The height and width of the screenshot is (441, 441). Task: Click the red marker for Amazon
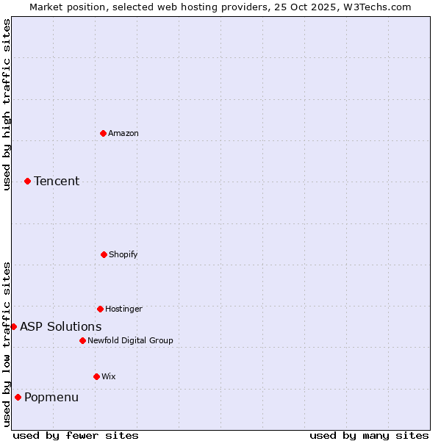pos(103,133)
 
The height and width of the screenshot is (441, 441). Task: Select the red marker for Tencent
pos(27,181)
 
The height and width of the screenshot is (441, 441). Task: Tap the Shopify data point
pos(104,254)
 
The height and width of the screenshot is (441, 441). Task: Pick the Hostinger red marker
pos(100,309)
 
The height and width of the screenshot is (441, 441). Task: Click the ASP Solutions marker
pos(13,326)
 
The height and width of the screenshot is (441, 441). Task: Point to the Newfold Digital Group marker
pos(82,340)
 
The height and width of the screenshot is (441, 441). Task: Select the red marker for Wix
pos(96,376)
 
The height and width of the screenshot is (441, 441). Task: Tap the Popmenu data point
pos(18,397)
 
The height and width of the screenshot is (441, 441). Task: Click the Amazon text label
pos(123,133)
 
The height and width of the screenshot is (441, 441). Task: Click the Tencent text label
pos(57,181)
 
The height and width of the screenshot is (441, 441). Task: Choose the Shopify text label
pos(123,254)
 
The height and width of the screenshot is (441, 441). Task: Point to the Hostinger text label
pos(123,309)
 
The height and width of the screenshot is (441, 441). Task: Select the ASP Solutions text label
pos(61,326)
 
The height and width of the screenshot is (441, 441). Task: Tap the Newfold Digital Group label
pos(130,340)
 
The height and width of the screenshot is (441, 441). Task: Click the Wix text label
pos(109,376)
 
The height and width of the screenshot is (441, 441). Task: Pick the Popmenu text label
pos(51,397)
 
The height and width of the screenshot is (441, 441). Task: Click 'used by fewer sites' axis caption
pos(76,435)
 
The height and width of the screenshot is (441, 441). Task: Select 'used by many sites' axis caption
pos(369,435)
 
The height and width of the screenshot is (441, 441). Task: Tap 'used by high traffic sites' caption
pos(7,104)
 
